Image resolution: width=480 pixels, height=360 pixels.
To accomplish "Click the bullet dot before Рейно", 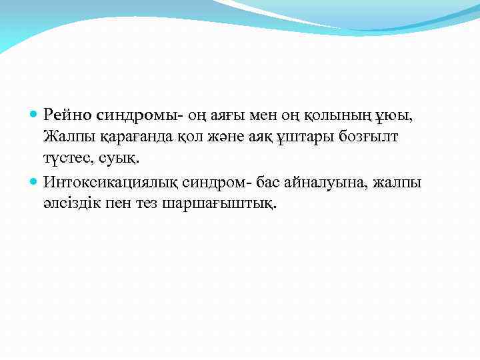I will click(35, 116).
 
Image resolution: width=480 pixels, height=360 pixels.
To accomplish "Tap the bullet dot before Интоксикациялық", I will click(35, 182).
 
